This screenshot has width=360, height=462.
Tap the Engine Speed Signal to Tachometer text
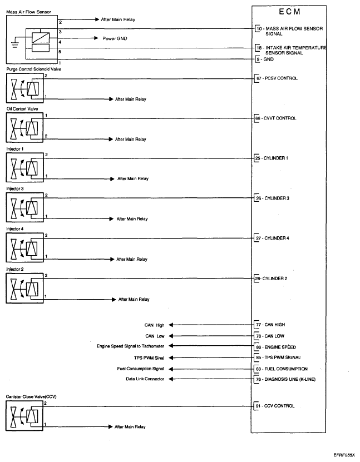130,346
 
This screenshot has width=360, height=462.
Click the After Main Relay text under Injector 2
133,299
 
